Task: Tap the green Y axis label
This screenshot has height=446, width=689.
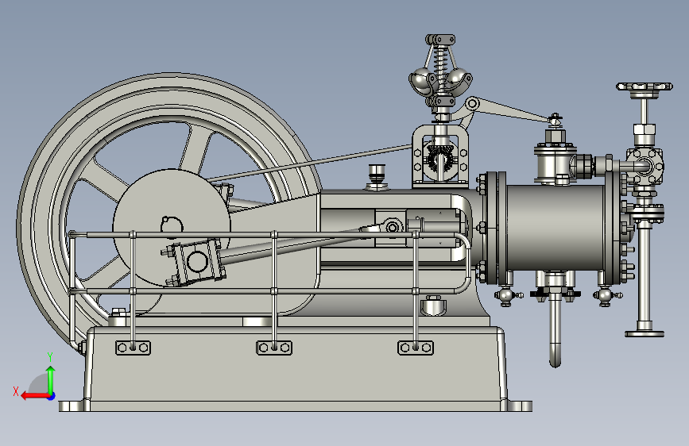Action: pyautogui.click(x=50, y=357)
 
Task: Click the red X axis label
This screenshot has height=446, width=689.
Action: pyautogui.click(x=16, y=391)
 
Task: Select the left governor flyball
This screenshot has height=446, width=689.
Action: pyautogui.click(x=421, y=80)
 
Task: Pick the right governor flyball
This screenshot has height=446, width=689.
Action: pyautogui.click(x=459, y=79)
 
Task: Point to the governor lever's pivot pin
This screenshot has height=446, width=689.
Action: pyautogui.click(x=472, y=104)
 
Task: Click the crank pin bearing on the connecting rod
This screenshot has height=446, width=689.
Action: pyautogui.click(x=196, y=262)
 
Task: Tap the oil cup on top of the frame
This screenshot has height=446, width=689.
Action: pyautogui.click(x=377, y=177)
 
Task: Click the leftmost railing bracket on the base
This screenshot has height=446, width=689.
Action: pyautogui.click(x=133, y=348)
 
